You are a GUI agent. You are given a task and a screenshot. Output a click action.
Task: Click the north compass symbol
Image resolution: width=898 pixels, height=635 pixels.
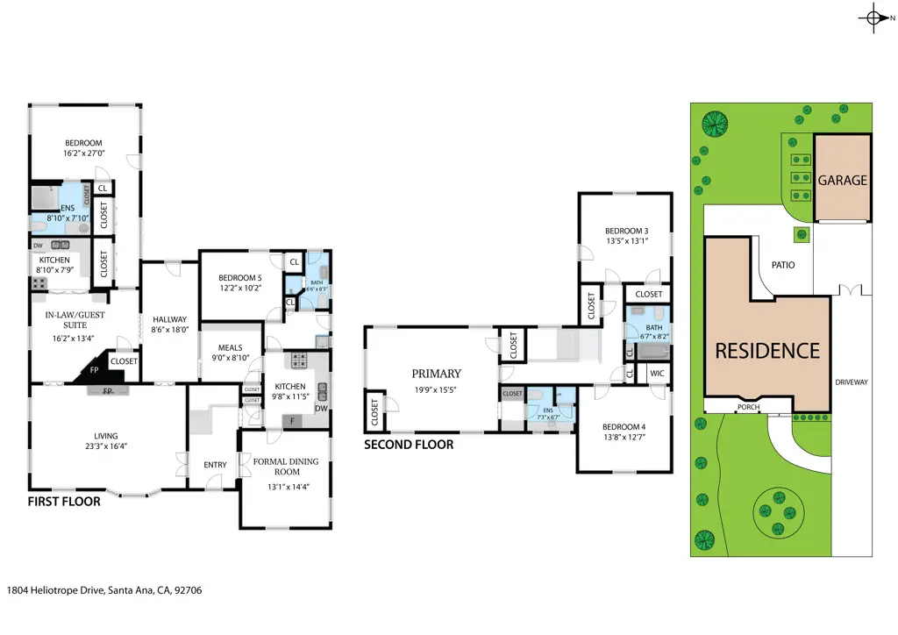(x=873, y=18)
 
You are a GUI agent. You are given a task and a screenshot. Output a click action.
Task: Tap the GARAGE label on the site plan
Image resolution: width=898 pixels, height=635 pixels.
(x=842, y=180)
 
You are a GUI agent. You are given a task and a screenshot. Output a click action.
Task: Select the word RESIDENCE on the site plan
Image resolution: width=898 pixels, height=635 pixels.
(x=767, y=351)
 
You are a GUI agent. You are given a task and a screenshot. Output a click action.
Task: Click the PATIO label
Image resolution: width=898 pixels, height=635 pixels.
(x=783, y=263)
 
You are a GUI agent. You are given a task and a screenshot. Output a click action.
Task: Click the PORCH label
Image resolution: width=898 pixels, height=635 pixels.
(x=748, y=406)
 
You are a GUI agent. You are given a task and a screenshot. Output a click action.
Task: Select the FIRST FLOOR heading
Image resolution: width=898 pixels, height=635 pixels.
(x=63, y=503)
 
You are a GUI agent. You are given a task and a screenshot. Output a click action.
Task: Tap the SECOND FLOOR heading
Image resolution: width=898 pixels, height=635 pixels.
(x=409, y=445)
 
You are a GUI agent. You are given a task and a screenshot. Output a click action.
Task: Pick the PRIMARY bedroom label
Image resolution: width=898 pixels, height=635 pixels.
(x=437, y=374)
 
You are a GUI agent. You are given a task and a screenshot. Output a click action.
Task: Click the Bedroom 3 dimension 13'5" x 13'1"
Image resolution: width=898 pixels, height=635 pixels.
(x=626, y=241)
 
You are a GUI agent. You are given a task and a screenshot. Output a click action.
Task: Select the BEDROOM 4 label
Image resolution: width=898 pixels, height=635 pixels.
(x=624, y=427)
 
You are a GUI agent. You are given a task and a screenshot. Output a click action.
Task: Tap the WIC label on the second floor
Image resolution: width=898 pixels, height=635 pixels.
(x=657, y=374)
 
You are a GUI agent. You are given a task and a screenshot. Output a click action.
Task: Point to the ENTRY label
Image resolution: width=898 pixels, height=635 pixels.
(x=215, y=465)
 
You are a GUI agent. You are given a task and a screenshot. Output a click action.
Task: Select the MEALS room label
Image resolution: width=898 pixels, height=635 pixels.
(x=232, y=347)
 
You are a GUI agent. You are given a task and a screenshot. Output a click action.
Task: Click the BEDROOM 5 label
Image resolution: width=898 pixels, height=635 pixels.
(x=239, y=278)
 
